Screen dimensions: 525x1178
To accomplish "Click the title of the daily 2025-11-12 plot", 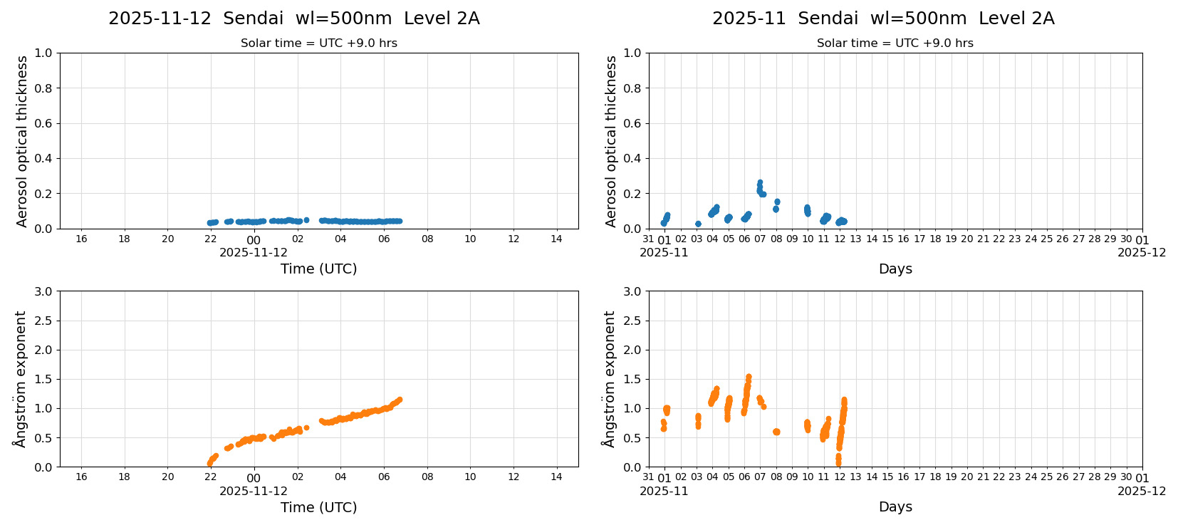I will pos(293,19).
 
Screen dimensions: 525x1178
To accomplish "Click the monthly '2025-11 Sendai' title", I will pos(882,19).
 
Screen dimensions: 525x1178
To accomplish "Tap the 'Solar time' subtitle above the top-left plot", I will pos(318,43).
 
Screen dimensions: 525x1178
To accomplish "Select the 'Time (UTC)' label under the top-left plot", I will pos(318,269).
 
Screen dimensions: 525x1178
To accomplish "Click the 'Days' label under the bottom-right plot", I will pos(895,506).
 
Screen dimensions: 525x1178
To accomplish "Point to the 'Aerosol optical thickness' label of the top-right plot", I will pos(611,141).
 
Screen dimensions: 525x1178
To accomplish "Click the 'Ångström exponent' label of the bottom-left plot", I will pos(20,379).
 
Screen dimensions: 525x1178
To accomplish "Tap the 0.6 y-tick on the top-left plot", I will pos(43,123).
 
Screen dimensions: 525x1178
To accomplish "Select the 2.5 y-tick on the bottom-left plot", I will pos(43,321).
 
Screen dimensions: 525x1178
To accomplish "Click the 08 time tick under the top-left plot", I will pos(427,239).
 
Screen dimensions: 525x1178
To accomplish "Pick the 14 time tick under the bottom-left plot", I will pos(556,477).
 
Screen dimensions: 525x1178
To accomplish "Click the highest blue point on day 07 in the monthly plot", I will pos(760,182).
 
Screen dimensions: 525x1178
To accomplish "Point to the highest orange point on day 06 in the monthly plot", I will pos(749,377).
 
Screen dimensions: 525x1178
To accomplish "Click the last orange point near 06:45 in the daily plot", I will pos(400,400).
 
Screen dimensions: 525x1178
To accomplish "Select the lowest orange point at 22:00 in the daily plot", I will pos(209,464).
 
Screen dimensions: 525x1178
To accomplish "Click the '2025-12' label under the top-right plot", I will pos(1141,252).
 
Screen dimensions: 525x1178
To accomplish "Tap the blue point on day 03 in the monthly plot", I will pos(698,224).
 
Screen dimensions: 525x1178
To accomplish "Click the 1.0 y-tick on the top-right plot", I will pos(632,53).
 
